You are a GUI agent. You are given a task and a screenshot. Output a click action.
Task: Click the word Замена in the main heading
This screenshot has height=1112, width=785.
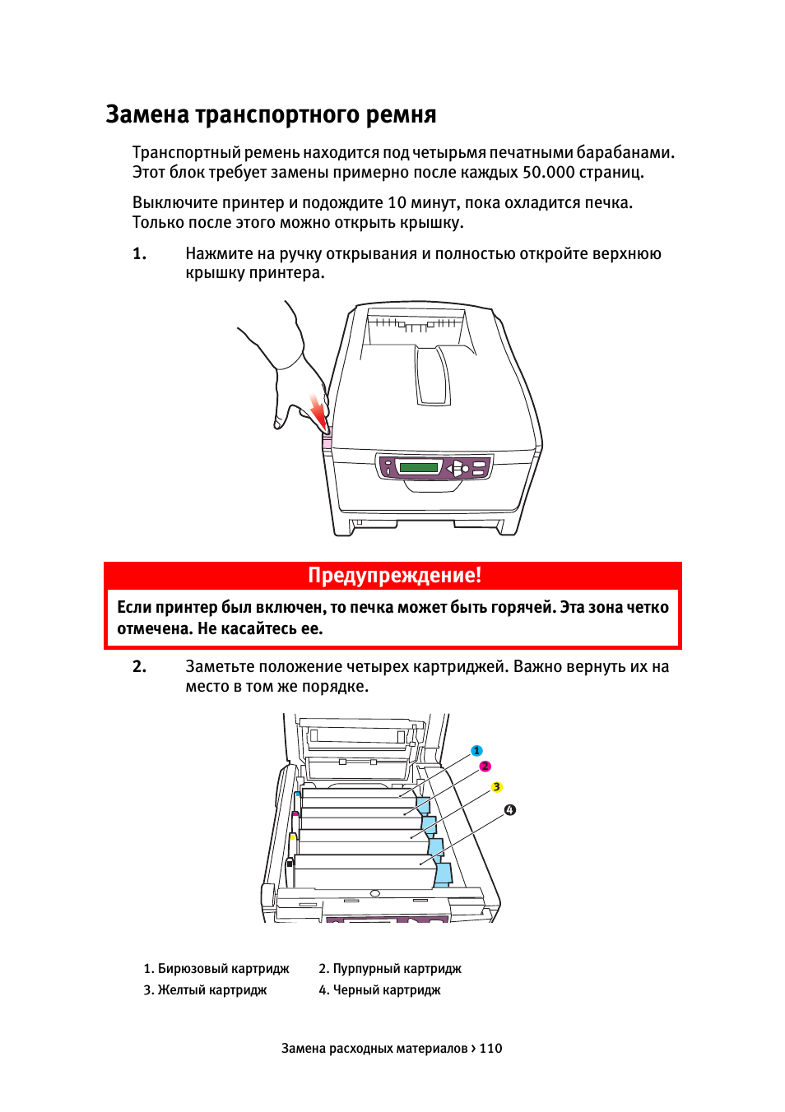(x=147, y=114)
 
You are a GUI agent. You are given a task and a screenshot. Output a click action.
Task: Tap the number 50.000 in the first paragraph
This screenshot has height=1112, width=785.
(x=548, y=172)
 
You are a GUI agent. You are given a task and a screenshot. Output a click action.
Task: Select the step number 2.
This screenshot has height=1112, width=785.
(x=140, y=666)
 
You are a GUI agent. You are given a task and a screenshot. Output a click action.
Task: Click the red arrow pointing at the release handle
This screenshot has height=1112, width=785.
(x=318, y=411)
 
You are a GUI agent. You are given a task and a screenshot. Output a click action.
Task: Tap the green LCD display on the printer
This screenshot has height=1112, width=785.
(x=418, y=467)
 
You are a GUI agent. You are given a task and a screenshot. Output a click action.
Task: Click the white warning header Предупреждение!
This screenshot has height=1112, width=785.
(x=394, y=575)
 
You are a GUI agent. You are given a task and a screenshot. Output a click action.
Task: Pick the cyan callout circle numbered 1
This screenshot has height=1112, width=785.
(x=476, y=751)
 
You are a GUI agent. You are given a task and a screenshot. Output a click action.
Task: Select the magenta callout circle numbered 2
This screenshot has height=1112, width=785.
(x=485, y=767)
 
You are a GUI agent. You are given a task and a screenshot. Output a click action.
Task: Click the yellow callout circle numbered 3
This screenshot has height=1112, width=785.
(x=496, y=787)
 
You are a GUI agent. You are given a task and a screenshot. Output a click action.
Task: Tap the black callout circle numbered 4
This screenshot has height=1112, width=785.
(x=510, y=810)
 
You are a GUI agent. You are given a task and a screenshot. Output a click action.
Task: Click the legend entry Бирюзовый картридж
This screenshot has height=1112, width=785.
(x=216, y=969)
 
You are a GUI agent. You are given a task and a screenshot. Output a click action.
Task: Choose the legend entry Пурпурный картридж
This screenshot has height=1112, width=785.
(x=390, y=969)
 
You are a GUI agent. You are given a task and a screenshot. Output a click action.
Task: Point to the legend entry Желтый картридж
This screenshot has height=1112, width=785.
(x=205, y=990)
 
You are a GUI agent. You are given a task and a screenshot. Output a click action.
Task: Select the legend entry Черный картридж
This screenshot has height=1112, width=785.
(x=379, y=990)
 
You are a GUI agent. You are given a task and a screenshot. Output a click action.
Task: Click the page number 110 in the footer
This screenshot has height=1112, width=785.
(x=490, y=1049)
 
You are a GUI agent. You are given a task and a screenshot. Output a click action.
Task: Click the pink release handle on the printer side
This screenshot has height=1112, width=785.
(x=327, y=440)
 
